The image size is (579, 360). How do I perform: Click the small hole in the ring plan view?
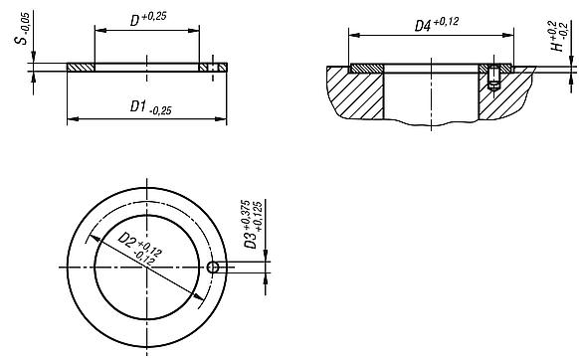pyautogui.click(x=213, y=269)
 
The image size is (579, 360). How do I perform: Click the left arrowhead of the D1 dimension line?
pyautogui.click(x=71, y=120)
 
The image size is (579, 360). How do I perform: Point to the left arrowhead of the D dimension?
pyautogui.click(x=98, y=31)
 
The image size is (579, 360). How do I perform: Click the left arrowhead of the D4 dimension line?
pyautogui.click(x=352, y=34)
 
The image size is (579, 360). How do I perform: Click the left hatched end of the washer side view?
pyautogui.click(x=80, y=68)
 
